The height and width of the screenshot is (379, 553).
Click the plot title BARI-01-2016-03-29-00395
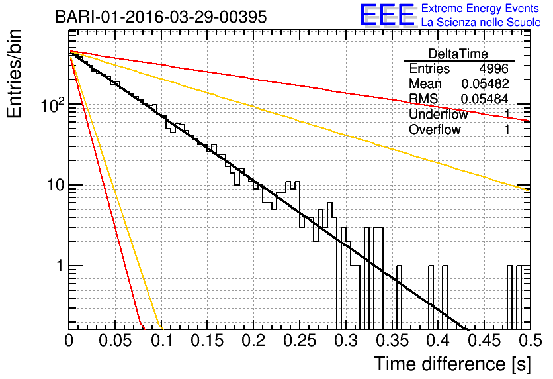click(161, 17)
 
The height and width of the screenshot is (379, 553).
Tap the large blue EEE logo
click(387, 15)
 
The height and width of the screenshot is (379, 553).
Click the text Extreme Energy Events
click(480, 8)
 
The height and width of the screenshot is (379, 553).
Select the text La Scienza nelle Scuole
click(481, 22)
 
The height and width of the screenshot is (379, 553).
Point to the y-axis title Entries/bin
click(14, 74)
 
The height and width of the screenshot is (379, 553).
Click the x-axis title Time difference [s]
click(452, 364)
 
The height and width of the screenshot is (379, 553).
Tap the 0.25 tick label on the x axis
click(300, 341)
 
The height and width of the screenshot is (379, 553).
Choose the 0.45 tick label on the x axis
click(484, 341)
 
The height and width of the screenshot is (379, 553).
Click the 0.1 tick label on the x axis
click(162, 341)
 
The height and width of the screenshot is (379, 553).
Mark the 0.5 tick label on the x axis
click(531, 341)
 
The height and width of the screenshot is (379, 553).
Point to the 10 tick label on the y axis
click(56, 185)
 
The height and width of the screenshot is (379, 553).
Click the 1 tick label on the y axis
click(60, 266)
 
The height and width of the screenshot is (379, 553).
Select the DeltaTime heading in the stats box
click(458, 54)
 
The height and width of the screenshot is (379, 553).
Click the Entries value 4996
click(493, 68)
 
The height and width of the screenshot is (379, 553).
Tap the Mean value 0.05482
click(486, 83)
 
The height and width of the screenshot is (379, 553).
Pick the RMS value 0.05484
click(485, 99)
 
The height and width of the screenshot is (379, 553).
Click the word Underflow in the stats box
click(439, 114)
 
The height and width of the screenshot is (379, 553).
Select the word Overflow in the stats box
click(435, 129)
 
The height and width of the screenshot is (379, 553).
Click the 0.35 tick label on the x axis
click(392, 341)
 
